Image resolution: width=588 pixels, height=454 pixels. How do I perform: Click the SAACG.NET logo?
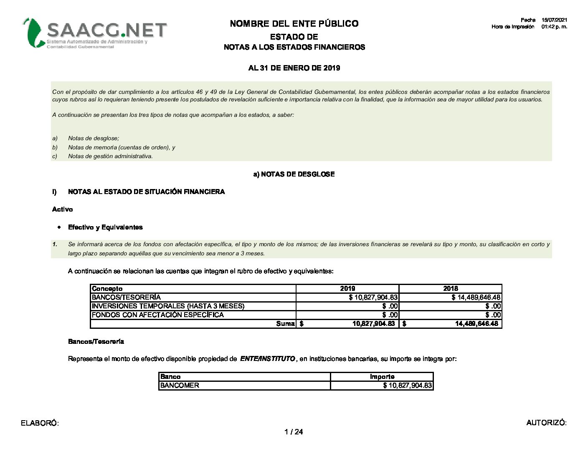click(x=95, y=33)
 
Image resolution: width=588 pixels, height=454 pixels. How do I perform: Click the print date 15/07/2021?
click(x=554, y=20)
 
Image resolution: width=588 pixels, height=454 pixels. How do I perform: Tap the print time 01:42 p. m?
click(x=554, y=27)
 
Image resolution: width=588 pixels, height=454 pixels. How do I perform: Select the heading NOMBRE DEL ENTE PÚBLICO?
click(x=294, y=24)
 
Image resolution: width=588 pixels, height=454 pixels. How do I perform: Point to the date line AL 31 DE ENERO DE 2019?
click(x=294, y=68)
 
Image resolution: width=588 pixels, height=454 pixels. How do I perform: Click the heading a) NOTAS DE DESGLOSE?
click(x=294, y=174)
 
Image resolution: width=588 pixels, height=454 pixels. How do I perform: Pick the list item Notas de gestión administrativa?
click(x=110, y=156)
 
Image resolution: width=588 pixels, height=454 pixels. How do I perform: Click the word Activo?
click(x=62, y=209)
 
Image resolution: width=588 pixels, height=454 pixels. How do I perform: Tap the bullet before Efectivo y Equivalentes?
click(x=59, y=227)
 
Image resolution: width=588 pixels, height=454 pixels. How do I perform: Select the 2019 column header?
click(x=347, y=289)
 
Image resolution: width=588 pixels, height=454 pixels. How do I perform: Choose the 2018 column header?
click(x=451, y=289)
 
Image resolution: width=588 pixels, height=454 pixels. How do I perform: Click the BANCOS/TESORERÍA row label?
click(x=126, y=298)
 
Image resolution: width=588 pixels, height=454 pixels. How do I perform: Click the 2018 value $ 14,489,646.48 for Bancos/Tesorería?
click(x=476, y=298)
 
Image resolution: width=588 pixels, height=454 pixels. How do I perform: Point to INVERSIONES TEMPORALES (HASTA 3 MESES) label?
click(x=168, y=306)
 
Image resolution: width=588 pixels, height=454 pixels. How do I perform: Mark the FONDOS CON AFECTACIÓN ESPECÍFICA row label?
click(x=158, y=315)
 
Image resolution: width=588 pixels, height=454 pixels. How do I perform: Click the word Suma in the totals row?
click(x=285, y=324)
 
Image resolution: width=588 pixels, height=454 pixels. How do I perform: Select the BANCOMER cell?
click(x=180, y=386)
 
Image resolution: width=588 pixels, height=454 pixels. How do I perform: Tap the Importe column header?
click(x=382, y=377)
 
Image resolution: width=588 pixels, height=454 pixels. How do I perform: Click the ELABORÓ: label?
click(x=40, y=423)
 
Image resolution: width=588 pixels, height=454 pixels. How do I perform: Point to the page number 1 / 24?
click(x=294, y=432)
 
